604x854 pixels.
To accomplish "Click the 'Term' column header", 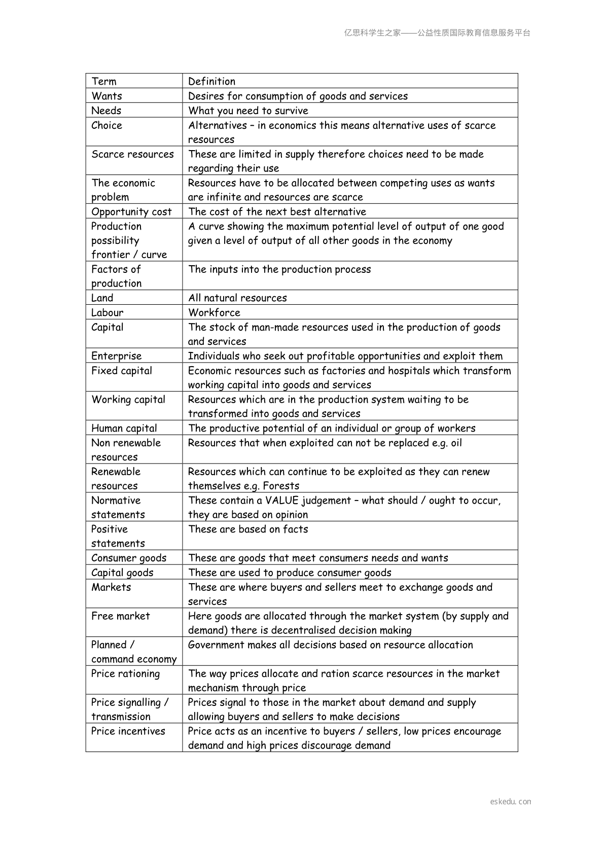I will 104,81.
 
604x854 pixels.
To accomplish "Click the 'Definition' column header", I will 211,81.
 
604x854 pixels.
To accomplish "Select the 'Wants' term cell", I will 106,96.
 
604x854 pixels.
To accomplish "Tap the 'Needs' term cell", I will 106,111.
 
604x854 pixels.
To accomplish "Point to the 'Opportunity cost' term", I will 131,211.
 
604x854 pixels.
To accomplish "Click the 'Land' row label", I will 102,298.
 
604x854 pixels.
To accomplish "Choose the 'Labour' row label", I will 107,312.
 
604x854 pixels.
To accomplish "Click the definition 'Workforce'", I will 214,312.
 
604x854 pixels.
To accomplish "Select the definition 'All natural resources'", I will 237,298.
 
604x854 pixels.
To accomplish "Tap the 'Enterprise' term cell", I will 116,355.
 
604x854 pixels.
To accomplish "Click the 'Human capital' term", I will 124,428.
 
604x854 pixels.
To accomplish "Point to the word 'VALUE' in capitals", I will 282,501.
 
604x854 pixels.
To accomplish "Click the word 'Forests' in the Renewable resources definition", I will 281,486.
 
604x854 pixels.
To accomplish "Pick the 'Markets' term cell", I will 111,587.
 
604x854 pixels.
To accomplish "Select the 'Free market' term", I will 120,616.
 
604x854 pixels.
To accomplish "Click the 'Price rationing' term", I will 125,673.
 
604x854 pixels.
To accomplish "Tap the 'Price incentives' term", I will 128,731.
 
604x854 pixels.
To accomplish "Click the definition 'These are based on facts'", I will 248,529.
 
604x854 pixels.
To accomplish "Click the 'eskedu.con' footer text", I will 511,802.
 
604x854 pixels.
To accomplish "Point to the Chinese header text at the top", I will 437,33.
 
